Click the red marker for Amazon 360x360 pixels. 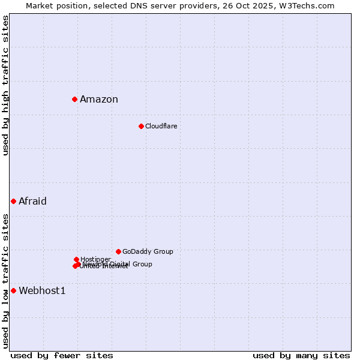coord(74,99)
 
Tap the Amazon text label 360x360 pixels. coord(99,100)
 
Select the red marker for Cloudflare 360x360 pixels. coord(141,126)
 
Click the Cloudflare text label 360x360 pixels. coord(161,126)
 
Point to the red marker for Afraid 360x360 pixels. coord(13,201)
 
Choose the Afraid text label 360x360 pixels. coord(32,202)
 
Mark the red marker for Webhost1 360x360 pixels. coord(13,290)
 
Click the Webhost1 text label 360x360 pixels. coord(42,291)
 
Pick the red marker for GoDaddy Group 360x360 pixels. coord(118,251)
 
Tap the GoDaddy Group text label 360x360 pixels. coord(148,252)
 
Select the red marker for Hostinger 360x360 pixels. coord(76,259)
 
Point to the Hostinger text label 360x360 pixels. coord(95,259)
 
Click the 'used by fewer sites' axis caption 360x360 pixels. coord(62,355)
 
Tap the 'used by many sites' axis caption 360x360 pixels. coord(301,355)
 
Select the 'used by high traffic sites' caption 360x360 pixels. coord(6,85)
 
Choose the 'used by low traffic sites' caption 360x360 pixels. coord(6,281)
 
